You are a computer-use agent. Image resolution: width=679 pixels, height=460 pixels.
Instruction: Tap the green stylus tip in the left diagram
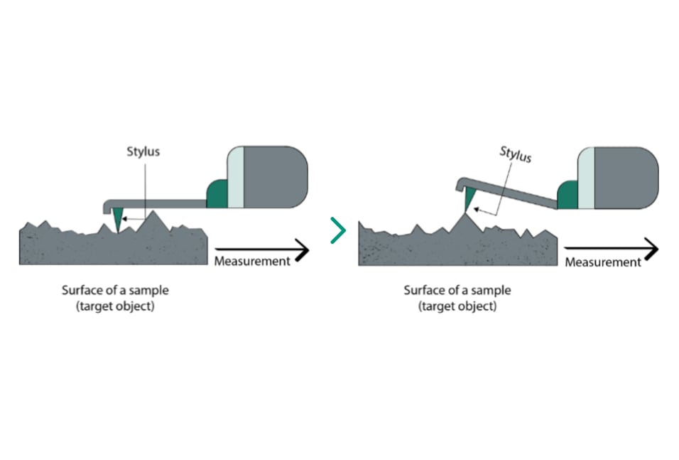[x=117, y=220]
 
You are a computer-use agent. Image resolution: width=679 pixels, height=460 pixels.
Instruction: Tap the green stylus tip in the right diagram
[x=469, y=205]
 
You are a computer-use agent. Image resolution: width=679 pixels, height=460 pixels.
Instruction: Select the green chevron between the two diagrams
[x=338, y=230]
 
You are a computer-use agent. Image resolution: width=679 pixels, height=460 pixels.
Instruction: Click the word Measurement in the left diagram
[x=252, y=261]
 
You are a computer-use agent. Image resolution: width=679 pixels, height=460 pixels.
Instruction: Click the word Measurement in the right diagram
[x=603, y=262]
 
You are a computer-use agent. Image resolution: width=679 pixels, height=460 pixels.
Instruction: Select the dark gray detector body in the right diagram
[x=625, y=178]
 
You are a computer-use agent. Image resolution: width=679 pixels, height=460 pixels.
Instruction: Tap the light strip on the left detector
[x=235, y=177]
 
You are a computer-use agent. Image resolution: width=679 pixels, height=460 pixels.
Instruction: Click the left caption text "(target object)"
[x=116, y=306]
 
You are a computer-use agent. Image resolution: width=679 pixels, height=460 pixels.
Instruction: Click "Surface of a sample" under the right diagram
[x=457, y=290]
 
